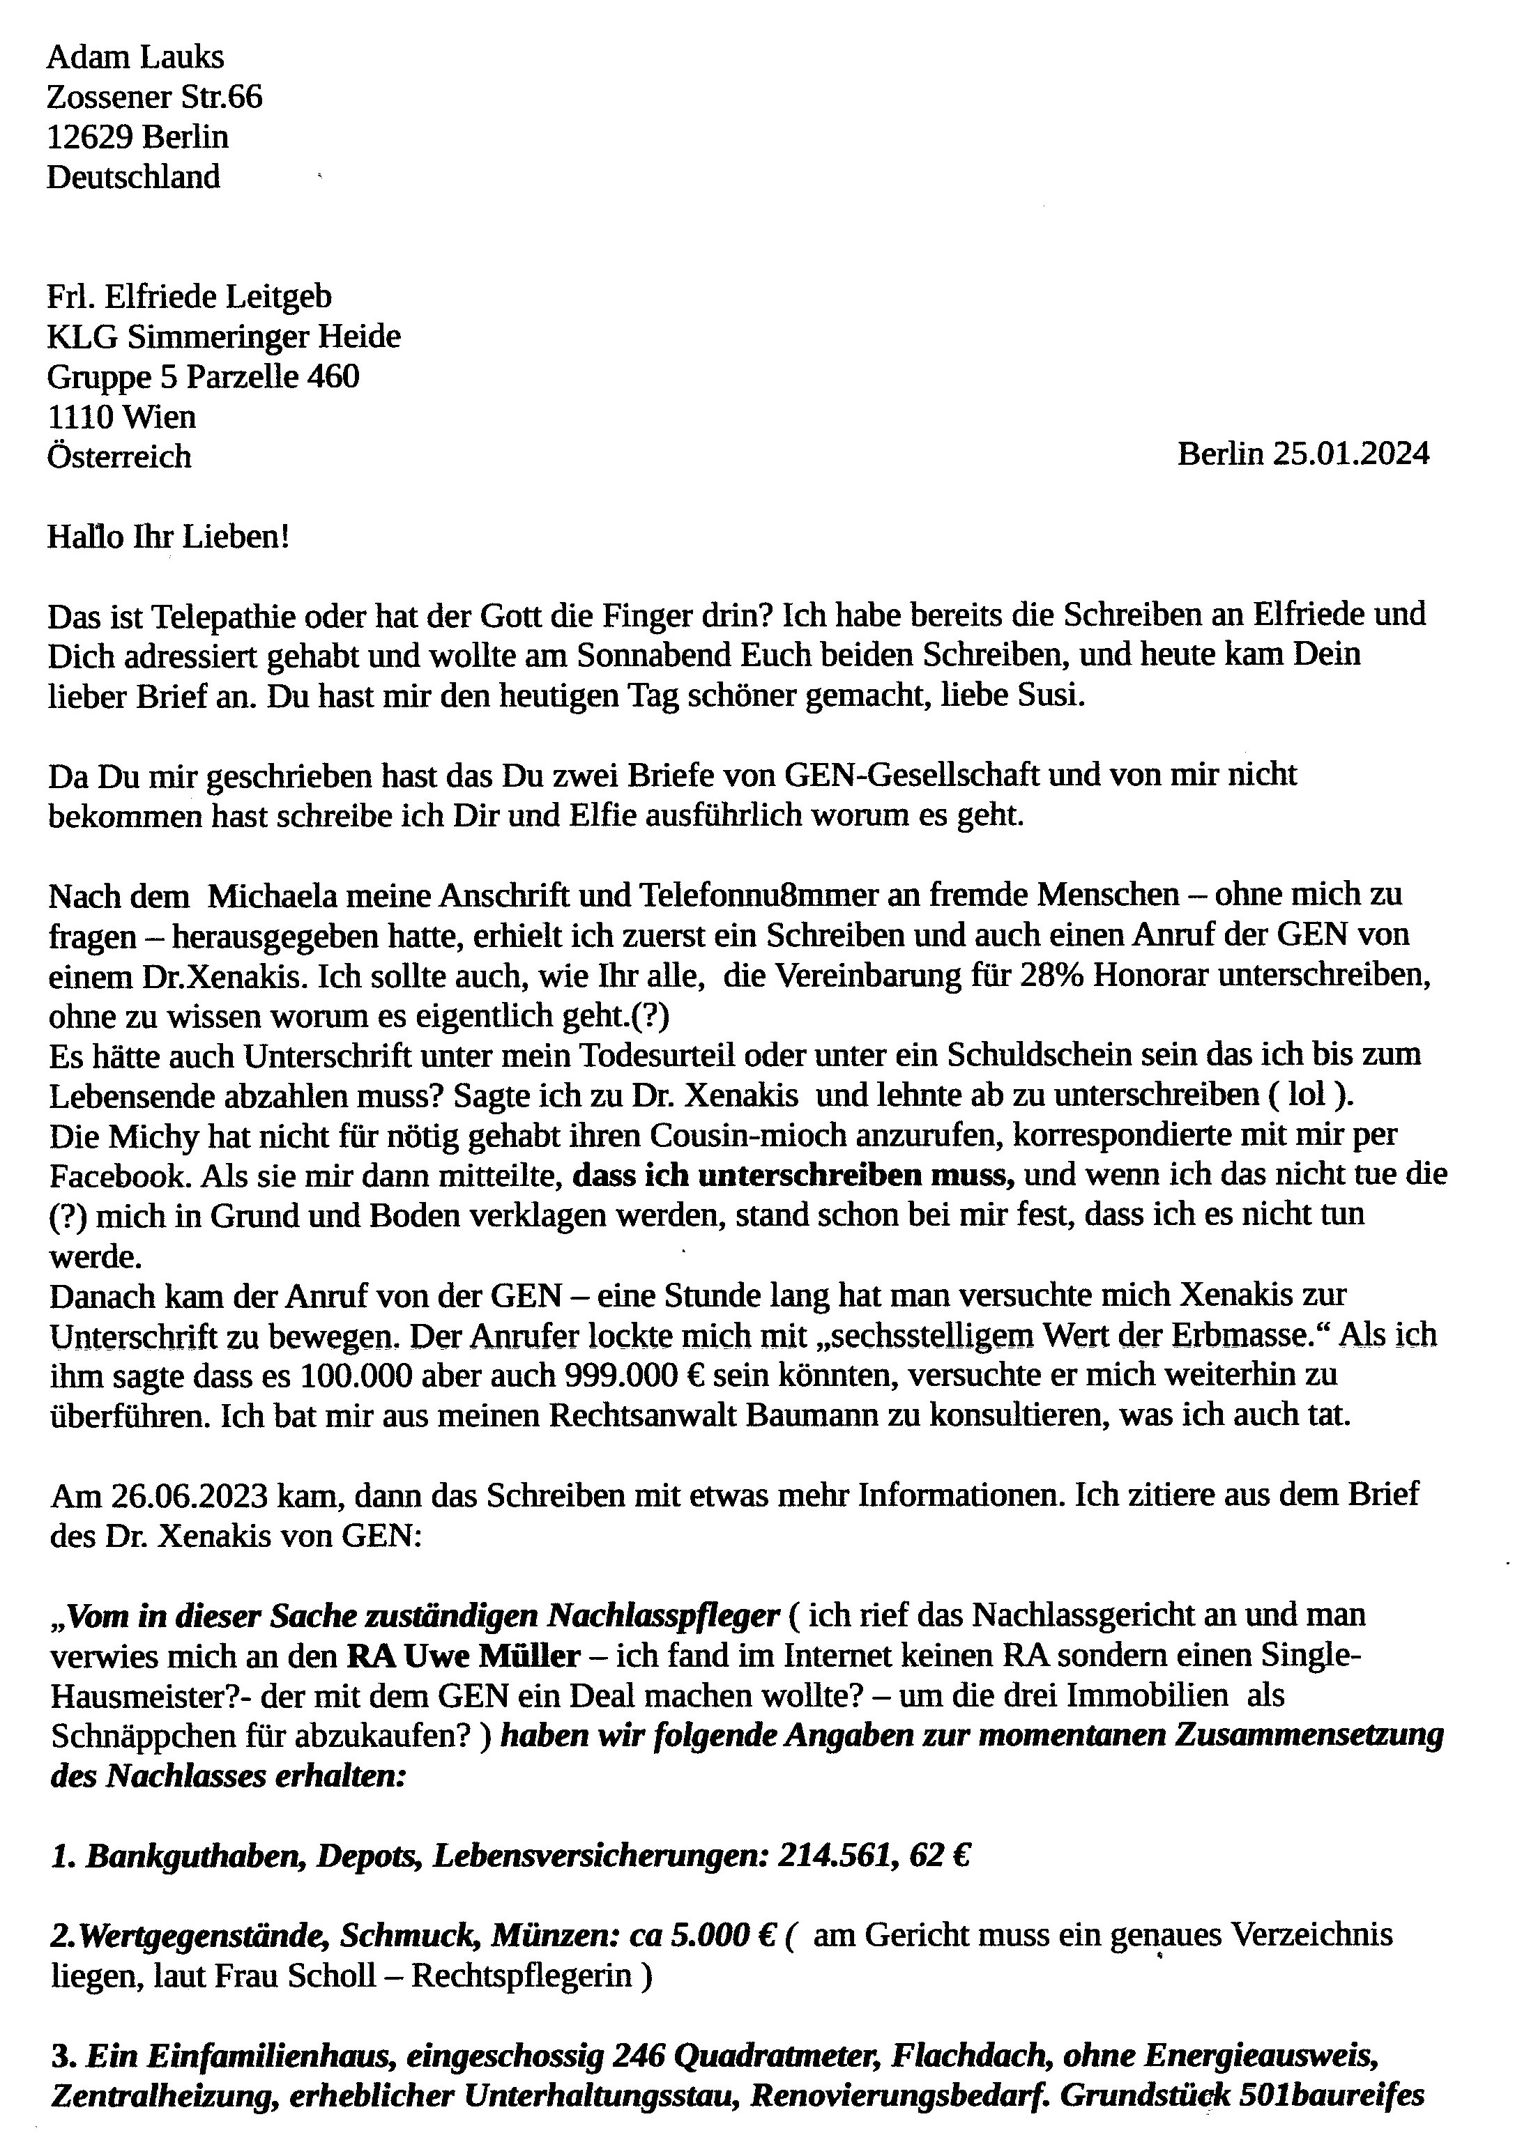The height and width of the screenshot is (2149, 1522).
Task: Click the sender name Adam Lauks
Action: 135,58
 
